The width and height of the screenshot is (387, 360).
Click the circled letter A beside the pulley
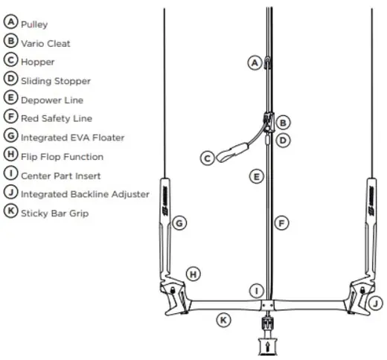tap(255, 63)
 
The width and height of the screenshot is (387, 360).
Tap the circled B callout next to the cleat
tap(283, 123)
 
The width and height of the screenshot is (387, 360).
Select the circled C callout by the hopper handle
tap(208, 158)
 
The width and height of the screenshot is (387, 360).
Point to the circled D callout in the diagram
tap(283, 141)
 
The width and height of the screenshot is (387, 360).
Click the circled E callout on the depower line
tap(257, 177)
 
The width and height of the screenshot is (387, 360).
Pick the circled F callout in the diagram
tap(281, 223)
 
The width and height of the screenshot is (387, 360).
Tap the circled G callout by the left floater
tap(179, 223)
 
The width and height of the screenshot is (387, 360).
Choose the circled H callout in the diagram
tap(193, 274)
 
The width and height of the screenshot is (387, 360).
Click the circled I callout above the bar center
tap(257, 291)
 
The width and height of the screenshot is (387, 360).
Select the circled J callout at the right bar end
tap(376, 303)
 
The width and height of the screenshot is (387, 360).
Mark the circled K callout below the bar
tap(223, 320)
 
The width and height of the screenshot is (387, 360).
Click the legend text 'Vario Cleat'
tap(45, 44)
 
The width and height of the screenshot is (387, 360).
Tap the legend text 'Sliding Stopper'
tap(56, 81)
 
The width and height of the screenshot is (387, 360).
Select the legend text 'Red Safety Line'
tap(57, 118)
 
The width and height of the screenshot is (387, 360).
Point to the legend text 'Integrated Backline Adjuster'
tap(85, 194)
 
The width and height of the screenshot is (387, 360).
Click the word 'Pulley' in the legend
tap(34, 25)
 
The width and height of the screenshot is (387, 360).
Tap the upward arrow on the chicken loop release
tap(267, 346)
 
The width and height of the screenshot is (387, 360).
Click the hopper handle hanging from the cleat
tap(231, 152)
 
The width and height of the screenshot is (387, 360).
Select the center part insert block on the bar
tap(267, 305)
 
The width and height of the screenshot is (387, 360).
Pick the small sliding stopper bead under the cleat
tap(267, 139)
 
